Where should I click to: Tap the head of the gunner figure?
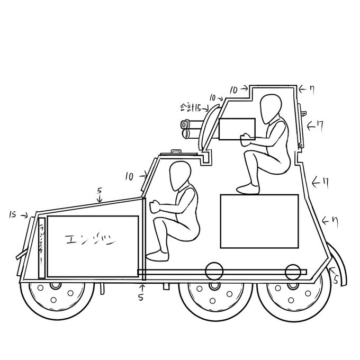pos(271,107)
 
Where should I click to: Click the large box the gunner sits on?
pos(259,221)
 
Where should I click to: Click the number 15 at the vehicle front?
pos(15,214)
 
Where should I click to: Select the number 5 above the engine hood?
pos(100,190)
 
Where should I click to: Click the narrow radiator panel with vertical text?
pos(41,246)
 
